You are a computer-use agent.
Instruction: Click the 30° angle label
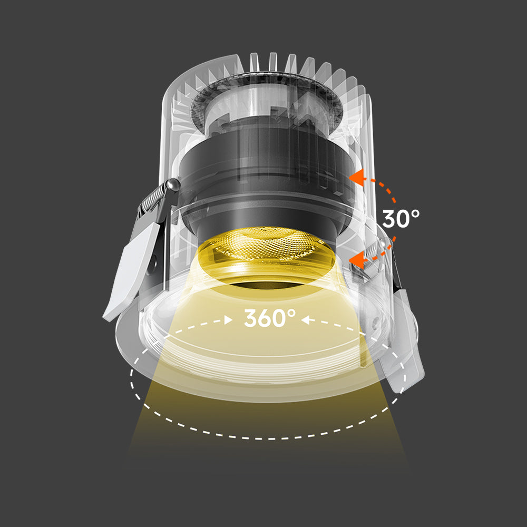pyautogui.click(x=401, y=218)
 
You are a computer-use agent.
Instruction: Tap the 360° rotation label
pyautogui.click(x=269, y=318)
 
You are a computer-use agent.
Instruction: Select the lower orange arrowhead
pyautogui.click(x=357, y=259)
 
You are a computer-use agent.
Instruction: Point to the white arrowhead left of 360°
pyautogui.click(x=229, y=319)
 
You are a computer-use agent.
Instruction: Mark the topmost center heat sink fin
pyautogui.click(x=272, y=62)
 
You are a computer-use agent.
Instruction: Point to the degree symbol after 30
pyautogui.click(x=415, y=212)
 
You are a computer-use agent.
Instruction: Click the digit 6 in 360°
pyautogui.click(x=269, y=318)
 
